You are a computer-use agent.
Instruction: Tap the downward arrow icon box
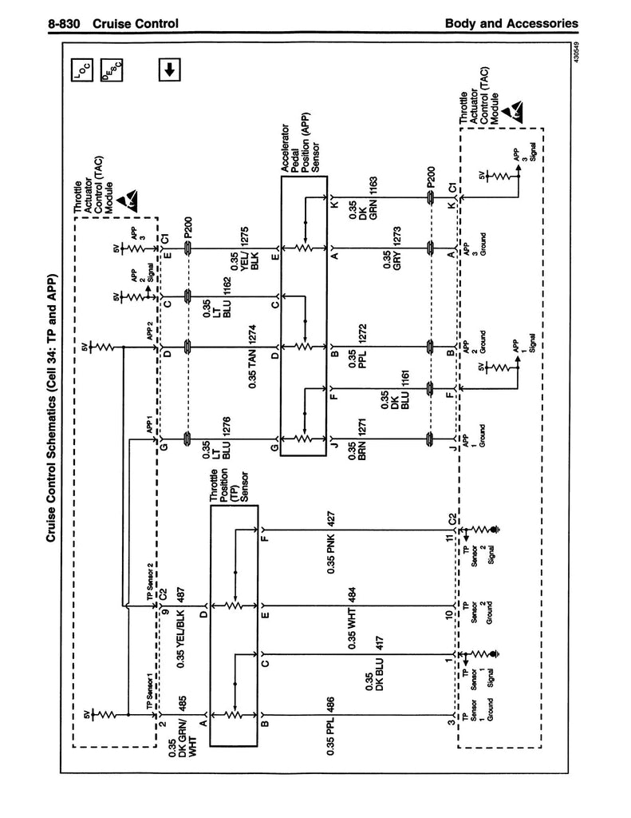(x=168, y=69)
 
